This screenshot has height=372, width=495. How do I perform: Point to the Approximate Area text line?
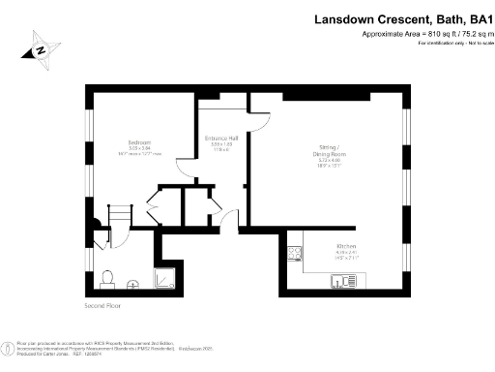coord(422,34)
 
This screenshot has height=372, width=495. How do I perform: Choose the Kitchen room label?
coord(347,246)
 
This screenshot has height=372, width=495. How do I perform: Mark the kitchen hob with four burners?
coord(293,255)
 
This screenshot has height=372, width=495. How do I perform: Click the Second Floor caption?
coord(104,306)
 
